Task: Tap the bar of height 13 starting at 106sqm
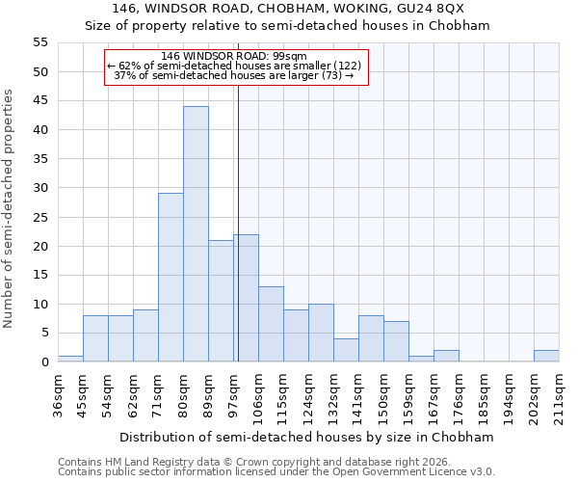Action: coord(271,324)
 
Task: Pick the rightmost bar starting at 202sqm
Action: coord(546,356)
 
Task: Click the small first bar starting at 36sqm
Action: coord(70,359)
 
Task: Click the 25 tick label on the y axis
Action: coord(40,217)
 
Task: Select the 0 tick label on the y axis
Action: coord(44,362)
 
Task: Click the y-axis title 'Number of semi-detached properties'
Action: coord(9,208)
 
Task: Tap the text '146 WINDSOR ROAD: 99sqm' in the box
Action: coord(234,57)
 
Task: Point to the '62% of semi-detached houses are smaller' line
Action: coord(234,66)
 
